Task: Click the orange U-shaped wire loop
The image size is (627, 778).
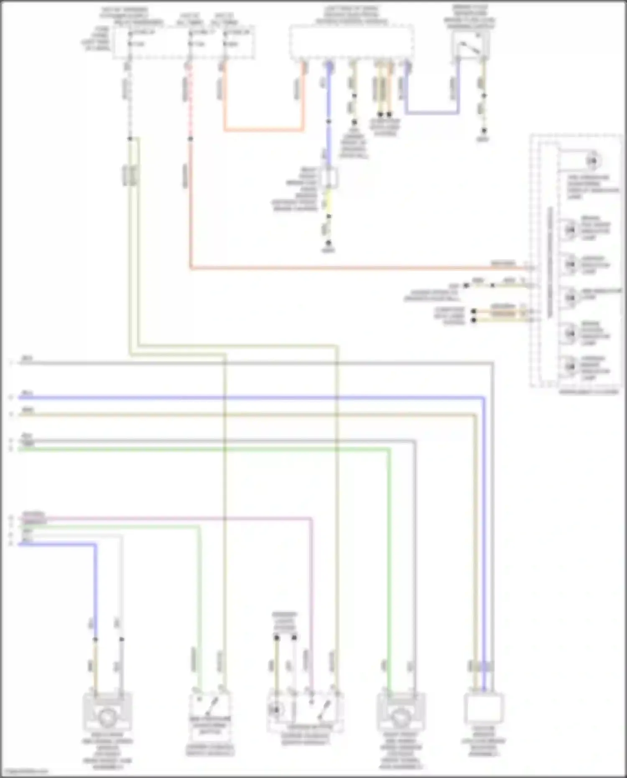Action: (x=263, y=130)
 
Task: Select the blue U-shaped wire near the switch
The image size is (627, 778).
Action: (x=432, y=113)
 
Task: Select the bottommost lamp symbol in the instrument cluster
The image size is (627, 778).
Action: (x=570, y=367)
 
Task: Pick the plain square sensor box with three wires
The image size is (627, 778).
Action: (x=484, y=708)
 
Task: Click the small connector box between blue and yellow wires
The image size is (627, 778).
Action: (x=329, y=177)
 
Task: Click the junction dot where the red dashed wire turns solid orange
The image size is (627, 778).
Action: (x=190, y=138)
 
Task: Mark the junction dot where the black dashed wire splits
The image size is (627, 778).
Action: (x=130, y=138)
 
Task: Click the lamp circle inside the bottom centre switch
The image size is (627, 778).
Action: (x=276, y=710)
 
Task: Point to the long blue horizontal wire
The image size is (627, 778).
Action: (x=251, y=398)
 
